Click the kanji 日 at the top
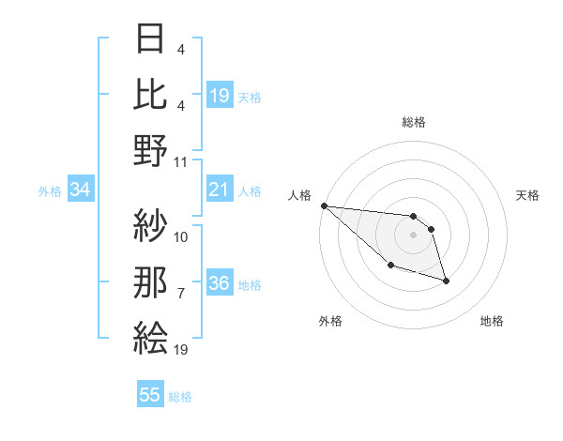point(151,39)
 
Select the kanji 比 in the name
point(151,94)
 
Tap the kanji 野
point(151,149)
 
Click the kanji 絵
point(151,335)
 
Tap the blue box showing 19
point(220,96)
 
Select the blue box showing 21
point(220,190)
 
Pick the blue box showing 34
point(80,190)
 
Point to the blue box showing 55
point(150,395)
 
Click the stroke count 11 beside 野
point(181,161)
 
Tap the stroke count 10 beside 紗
point(181,236)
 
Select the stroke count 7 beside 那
point(180,293)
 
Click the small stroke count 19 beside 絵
point(181,349)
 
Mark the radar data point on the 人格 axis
point(324,205)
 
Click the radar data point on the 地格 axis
point(446,281)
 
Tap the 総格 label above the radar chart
point(413,122)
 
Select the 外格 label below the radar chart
point(330,321)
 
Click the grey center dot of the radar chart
point(413,235)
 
